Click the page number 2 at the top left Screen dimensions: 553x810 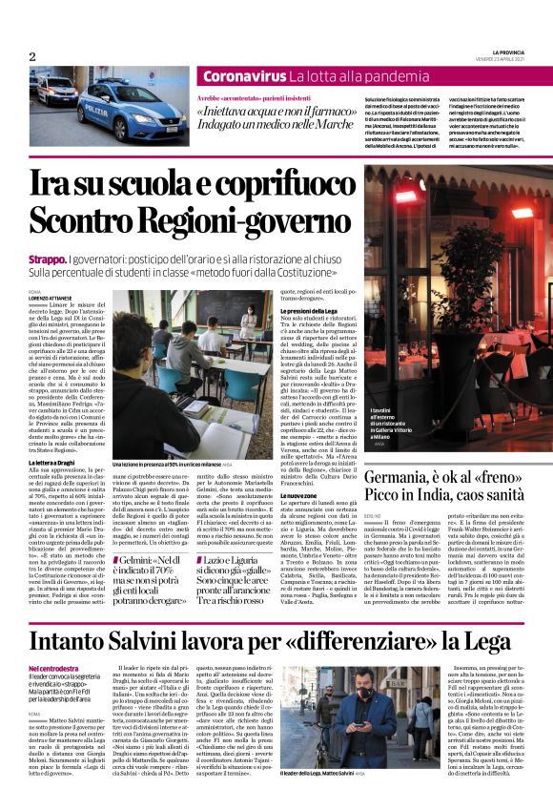point(31,56)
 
